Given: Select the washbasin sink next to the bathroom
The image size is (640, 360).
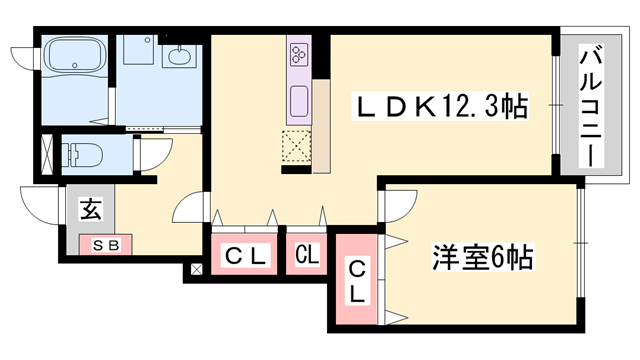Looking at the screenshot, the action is pyautogui.click(x=181, y=57).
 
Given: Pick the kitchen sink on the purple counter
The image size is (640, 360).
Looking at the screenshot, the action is pyautogui.click(x=300, y=100).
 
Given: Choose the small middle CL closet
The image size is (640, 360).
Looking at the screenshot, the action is pyautogui.click(x=307, y=256).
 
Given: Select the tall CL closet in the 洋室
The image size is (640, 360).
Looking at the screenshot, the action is pyautogui.click(x=357, y=282).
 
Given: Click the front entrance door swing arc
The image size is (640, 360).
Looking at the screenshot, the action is pyautogui.click(x=38, y=205).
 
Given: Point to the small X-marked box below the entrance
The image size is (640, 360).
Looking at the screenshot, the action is pyautogui.click(x=195, y=269).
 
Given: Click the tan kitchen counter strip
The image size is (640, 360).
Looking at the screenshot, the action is pyautogui.click(x=322, y=125).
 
